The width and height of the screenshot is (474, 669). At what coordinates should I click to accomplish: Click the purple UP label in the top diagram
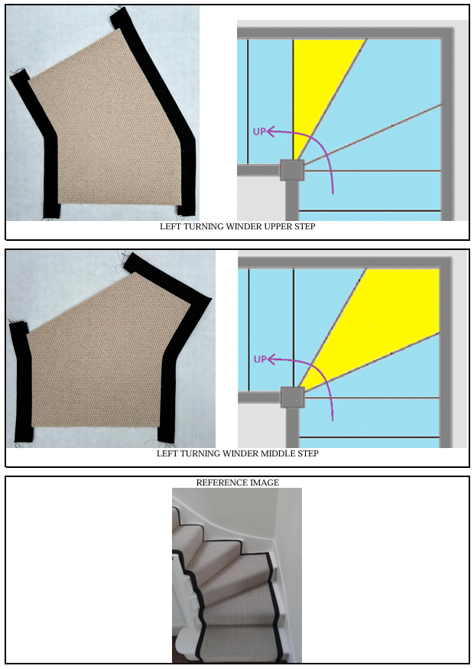259,132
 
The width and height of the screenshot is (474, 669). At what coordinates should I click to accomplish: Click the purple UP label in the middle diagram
260,359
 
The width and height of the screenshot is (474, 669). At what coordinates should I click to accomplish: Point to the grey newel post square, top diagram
292,170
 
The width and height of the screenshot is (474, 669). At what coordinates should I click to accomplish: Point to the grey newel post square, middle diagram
293,398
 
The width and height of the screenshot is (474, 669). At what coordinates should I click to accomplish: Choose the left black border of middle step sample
22,384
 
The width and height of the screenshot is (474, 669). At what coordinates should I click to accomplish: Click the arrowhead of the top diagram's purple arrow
270,132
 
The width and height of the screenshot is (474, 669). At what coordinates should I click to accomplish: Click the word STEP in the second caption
308,453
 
